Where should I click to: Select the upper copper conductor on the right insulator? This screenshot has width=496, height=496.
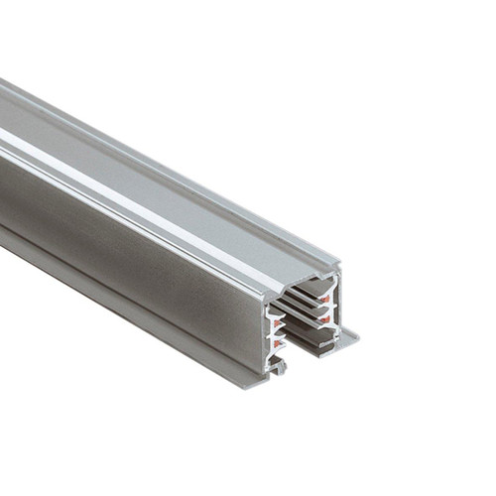pyautogui.click(x=327, y=294)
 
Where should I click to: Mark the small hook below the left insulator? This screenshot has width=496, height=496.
pyautogui.click(x=281, y=367)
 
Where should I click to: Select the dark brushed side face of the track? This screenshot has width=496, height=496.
pyautogui.click(x=119, y=258)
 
